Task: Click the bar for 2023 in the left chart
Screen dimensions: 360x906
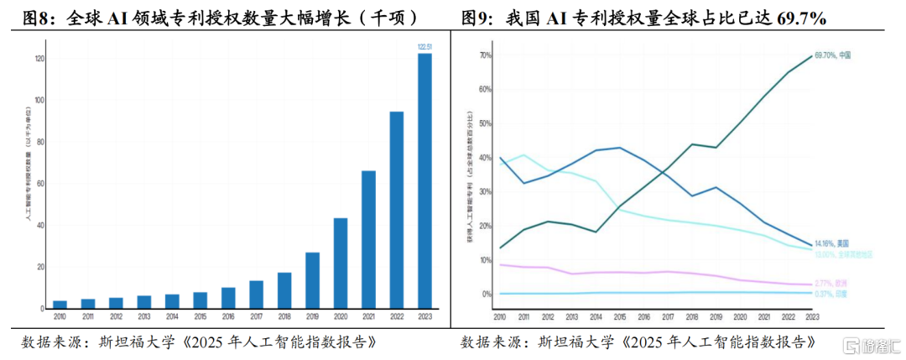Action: coord(424,180)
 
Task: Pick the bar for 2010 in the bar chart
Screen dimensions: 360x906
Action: coord(60,304)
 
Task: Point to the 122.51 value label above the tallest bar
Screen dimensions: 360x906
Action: coord(424,48)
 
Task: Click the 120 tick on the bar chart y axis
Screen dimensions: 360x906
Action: coord(39,59)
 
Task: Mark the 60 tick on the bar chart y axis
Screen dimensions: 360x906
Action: coord(39,184)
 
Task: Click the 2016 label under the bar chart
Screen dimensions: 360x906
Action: coord(228,316)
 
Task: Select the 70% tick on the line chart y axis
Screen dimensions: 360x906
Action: coord(486,55)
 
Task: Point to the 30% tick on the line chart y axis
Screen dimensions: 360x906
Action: coord(486,192)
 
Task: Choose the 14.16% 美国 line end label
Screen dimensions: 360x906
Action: coord(833,243)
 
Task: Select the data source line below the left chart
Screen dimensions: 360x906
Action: coord(197,342)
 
